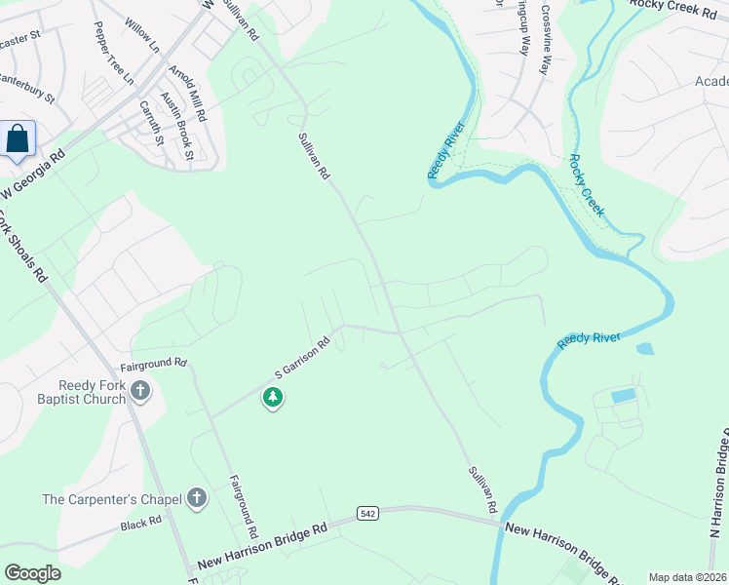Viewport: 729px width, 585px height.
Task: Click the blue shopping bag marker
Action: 18,138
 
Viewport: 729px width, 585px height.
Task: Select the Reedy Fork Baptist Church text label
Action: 93,392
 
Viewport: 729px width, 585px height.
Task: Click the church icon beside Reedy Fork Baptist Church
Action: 141,392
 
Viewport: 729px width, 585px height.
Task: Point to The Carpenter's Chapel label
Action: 112,500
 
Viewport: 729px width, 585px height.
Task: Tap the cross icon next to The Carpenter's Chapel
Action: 197,499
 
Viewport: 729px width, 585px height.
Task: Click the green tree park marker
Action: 274,398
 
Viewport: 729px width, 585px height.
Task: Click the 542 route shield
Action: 367,513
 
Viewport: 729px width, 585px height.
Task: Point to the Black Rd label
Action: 140,525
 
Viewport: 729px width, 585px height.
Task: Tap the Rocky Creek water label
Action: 587,186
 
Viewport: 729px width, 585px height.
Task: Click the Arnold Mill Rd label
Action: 187,94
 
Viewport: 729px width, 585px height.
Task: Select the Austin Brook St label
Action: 177,128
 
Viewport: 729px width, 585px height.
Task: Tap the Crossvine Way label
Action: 546,40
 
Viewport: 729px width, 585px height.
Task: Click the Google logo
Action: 32,573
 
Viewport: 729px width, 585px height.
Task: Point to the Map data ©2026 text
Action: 687,577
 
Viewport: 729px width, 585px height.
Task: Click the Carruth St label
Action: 152,124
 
